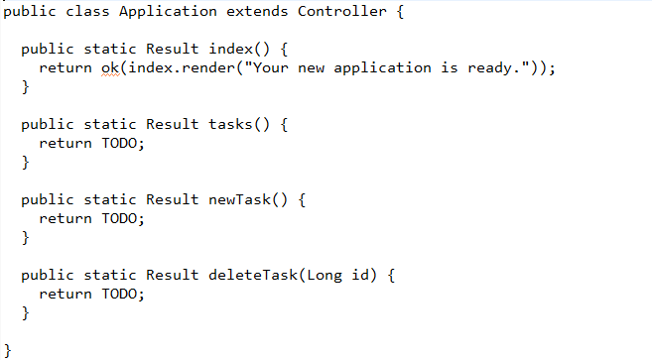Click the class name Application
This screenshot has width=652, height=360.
tap(168, 12)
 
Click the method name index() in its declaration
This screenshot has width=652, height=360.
tap(235, 49)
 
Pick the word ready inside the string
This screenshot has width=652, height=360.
tap(489, 67)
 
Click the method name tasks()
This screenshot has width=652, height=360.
tap(235, 124)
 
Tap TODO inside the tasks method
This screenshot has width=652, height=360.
tap(122, 143)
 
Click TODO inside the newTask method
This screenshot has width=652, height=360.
tap(122, 218)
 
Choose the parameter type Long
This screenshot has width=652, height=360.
tap(324, 275)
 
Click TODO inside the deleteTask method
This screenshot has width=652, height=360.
tap(122, 294)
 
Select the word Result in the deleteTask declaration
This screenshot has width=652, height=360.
tap(172, 275)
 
